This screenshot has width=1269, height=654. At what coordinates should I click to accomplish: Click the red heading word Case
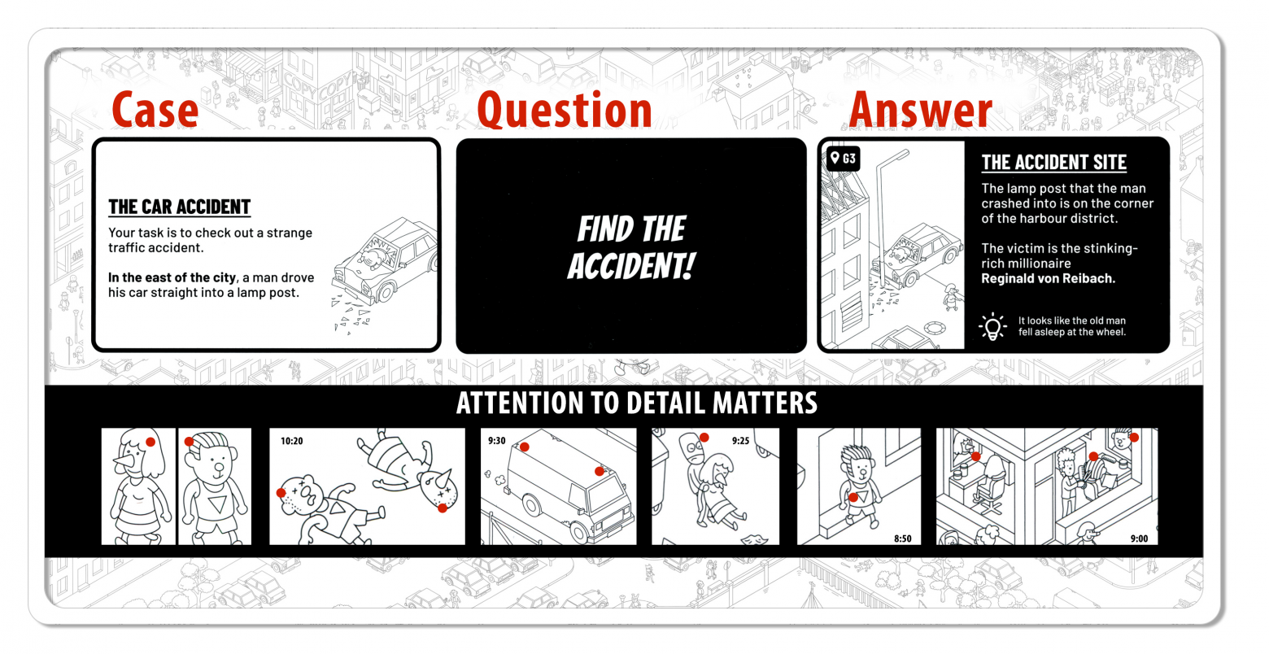[x=155, y=110]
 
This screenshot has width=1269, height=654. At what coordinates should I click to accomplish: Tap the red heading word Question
[x=565, y=110]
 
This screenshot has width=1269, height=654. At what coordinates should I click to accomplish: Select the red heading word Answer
[x=921, y=110]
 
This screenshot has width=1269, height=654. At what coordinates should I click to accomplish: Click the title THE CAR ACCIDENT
[x=179, y=207]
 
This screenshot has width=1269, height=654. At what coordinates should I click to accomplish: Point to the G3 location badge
[x=843, y=159]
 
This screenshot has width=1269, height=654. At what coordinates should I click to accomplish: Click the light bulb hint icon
[x=992, y=326]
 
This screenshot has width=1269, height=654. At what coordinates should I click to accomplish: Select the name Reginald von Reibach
[x=1048, y=278]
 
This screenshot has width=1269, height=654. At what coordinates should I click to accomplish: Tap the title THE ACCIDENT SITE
[x=1053, y=162]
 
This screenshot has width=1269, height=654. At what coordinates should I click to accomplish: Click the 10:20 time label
[x=292, y=441]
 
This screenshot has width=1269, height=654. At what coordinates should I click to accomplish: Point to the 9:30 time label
[x=496, y=440]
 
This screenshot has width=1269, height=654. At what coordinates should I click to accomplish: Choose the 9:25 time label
[x=740, y=440]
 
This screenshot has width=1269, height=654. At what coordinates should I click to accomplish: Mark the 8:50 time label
[x=902, y=538]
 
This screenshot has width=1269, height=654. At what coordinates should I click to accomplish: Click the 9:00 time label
[x=1139, y=538]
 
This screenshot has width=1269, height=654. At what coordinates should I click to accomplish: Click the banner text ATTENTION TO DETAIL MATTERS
[x=637, y=403]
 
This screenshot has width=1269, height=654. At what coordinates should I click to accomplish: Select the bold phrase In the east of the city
[x=172, y=277]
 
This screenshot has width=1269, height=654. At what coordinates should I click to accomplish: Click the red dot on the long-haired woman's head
[x=150, y=442]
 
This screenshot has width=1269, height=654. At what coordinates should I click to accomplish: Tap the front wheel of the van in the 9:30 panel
[x=580, y=532]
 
